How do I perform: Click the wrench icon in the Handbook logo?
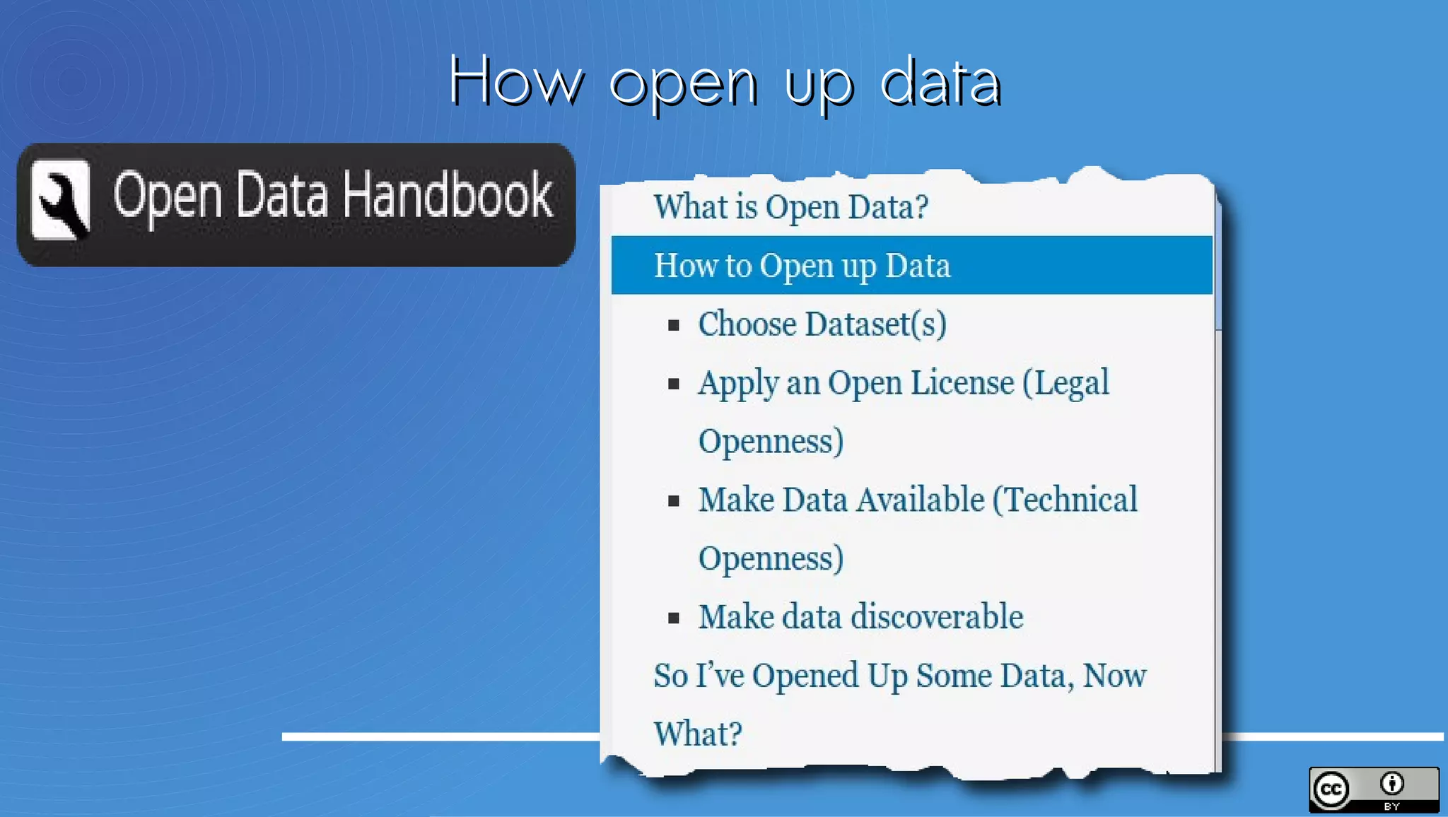point(61,200)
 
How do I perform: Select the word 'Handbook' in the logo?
point(448,195)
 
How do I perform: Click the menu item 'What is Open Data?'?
point(790,207)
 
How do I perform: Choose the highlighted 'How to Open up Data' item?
point(802,266)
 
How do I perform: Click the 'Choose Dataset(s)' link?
point(822,324)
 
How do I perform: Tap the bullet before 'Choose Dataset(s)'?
point(674,325)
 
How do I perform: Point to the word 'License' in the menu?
point(962,383)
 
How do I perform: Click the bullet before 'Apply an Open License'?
point(674,384)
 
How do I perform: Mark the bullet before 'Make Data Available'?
point(674,501)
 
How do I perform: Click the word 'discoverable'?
point(937,617)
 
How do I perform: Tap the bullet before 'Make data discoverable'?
point(674,618)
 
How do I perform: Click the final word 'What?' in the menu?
point(698,734)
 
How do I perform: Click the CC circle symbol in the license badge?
point(1331,789)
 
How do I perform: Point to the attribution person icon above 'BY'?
point(1391,783)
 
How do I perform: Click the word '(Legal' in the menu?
point(1066,383)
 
